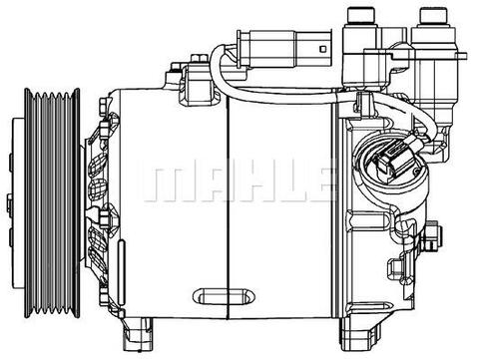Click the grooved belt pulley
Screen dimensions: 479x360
(52, 202)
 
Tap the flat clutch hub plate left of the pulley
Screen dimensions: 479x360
(17, 202)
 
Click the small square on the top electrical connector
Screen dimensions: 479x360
(323, 49)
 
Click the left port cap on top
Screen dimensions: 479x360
(360, 15)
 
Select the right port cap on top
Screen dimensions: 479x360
(433, 16)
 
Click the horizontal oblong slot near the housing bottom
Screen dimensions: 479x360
(224, 296)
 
